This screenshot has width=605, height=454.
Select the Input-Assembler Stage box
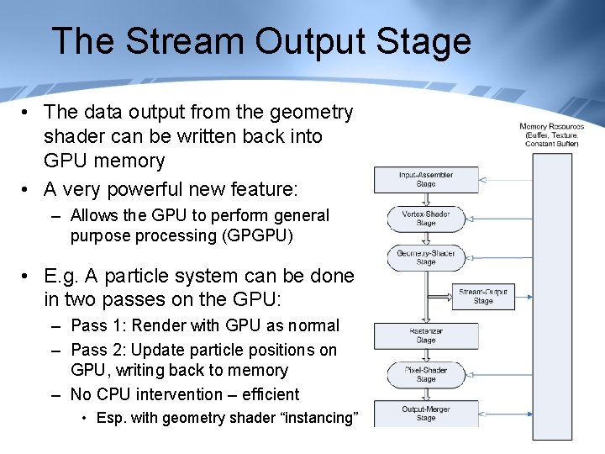point(426,179)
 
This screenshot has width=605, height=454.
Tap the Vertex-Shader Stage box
point(426,219)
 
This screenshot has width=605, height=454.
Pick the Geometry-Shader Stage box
point(426,257)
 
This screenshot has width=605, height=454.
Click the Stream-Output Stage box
point(483,297)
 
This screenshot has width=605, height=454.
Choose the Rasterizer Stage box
point(426,336)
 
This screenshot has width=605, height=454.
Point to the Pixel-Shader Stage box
point(426,375)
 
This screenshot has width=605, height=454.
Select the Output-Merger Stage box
point(426,414)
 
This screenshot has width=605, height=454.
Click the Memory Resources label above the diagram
point(551,135)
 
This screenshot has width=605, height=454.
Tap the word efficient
point(267,394)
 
